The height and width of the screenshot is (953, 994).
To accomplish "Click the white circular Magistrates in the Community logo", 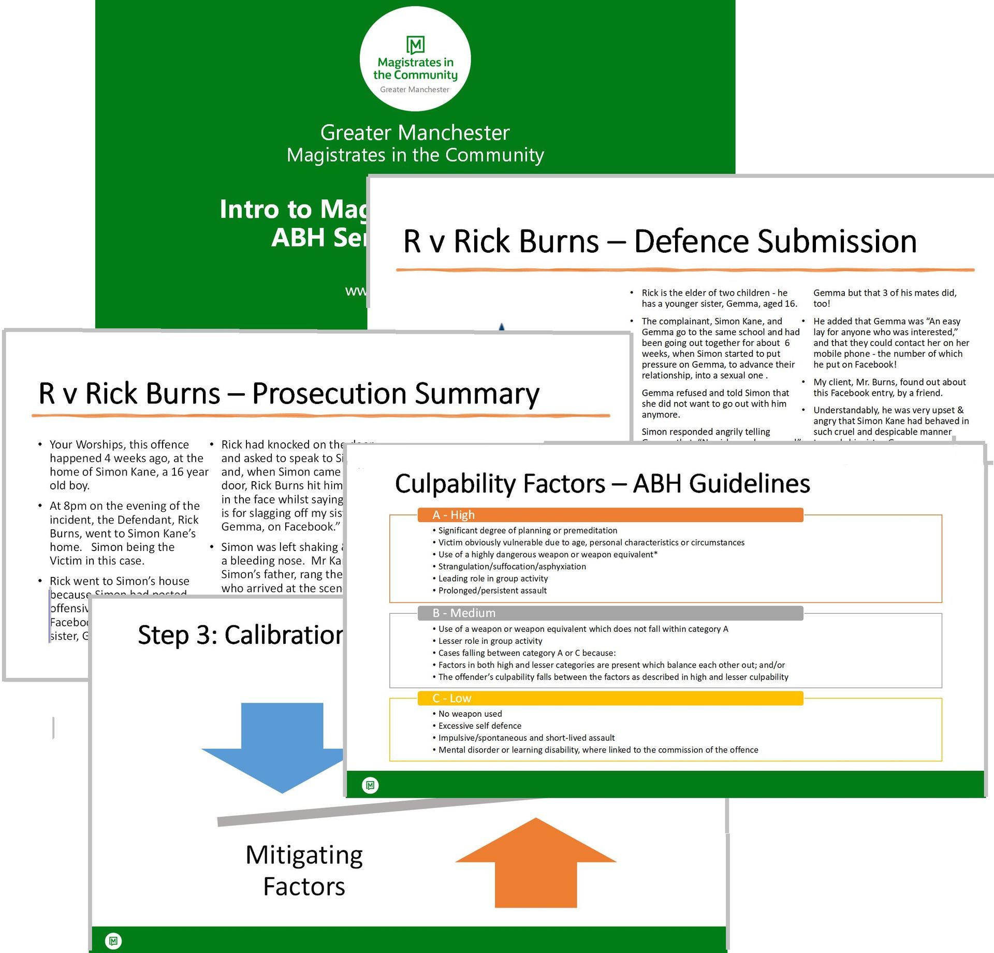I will pyautogui.click(x=415, y=59).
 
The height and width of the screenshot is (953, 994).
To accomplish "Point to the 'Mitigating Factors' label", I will pyautogui.click(x=304, y=870).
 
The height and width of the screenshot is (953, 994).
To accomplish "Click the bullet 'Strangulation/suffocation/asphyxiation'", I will pyautogui.click(x=512, y=567).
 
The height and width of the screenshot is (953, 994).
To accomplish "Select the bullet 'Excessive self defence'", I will pyautogui.click(x=480, y=726).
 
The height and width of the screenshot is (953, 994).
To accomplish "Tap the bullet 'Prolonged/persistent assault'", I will pyautogui.click(x=492, y=590).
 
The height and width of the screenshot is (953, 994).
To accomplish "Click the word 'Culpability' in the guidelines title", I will pyautogui.click(x=500, y=484).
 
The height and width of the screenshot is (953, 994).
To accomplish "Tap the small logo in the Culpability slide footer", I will pyautogui.click(x=370, y=786).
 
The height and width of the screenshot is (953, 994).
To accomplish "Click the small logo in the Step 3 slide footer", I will pyautogui.click(x=113, y=941).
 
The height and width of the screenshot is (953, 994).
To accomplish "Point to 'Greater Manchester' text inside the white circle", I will pyautogui.click(x=415, y=90).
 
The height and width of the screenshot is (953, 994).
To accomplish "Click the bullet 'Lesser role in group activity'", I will pyautogui.click(x=490, y=641).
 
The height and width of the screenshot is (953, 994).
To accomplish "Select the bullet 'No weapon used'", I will pyautogui.click(x=470, y=714).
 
